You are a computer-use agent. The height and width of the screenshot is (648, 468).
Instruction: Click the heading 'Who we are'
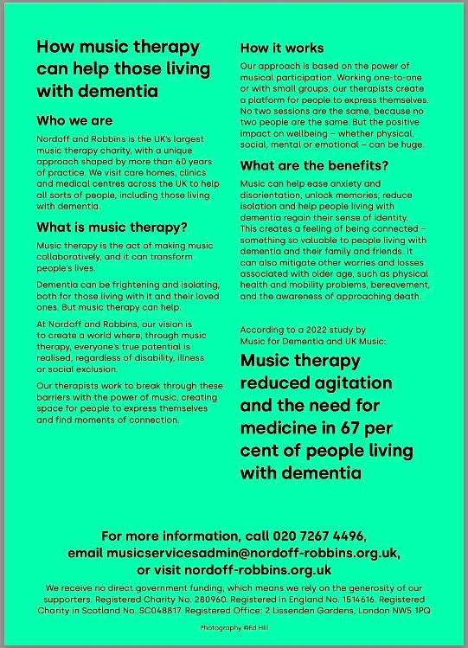(74, 120)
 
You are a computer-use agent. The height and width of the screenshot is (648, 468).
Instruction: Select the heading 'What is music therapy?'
(112, 228)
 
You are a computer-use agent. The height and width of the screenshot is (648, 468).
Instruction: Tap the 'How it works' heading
(282, 48)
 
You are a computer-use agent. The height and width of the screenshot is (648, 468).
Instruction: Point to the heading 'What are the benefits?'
(314, 165)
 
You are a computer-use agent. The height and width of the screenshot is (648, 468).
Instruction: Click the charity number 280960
(207, 598)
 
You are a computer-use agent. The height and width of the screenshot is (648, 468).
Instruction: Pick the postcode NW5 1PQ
(413, 610)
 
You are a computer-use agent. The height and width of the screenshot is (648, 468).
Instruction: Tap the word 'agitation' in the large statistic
(353, 382)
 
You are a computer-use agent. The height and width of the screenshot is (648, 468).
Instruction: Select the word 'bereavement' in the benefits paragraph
(391, 286)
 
